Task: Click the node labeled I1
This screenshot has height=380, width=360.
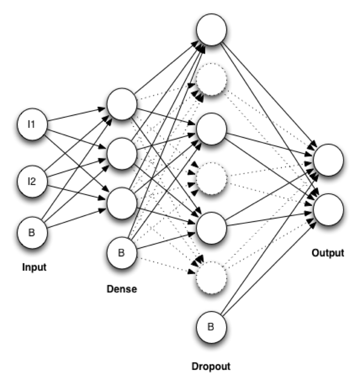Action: click(32, 125)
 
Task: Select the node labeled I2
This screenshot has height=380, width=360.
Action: click(32, 181)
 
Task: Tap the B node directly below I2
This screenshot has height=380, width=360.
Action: click(32, 233)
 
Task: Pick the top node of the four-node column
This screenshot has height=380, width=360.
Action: click(122, 104)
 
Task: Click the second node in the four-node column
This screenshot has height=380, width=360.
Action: click(122, 154)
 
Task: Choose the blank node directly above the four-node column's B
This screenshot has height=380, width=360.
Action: click(122, 203)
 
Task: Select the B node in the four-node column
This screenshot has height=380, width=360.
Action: click(122, 253)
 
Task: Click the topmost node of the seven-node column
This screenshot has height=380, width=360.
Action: click(211, 30)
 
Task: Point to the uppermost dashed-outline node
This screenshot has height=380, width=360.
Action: click(211, 79)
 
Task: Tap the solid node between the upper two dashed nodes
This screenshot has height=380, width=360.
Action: click(211, 129)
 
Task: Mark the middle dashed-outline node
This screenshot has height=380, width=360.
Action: click(211, 178)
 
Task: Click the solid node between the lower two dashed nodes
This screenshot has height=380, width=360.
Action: click(211, 228)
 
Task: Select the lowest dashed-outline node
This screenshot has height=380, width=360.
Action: click(211, 277)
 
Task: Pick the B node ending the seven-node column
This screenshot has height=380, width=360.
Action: click(211, 327)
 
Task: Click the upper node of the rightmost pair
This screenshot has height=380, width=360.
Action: click(328, 160)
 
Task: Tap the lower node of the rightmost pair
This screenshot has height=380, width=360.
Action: click(328, 210)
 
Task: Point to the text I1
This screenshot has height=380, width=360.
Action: click(31, 124)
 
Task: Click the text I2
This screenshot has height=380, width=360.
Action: click(31, 181)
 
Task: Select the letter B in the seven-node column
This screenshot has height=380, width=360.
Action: click(211, 327)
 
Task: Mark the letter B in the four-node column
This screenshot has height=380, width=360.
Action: click(121, 253)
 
